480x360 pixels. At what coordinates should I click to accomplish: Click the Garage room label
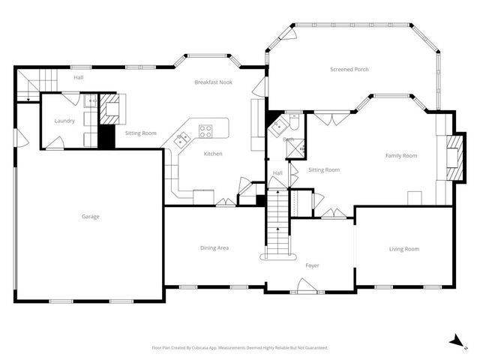click(x=90, y=217)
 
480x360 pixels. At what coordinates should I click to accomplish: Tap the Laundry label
click(x=64, y=121)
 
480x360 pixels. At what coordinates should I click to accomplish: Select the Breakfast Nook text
click(x=213, y=82)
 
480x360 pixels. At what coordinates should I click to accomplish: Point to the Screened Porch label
click(x=349, y=70)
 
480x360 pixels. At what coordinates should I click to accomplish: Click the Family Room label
click(x=401, y=156)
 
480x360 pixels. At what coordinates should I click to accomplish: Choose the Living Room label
click(x=403, y=249)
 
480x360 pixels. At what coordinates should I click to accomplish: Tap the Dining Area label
click(x=214, y=248)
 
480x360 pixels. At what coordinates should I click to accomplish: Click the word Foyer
click(x=312, y=265)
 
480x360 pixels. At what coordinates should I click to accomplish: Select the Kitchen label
click(x=213, y=154)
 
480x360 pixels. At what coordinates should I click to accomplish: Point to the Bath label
click(x=288, y=139)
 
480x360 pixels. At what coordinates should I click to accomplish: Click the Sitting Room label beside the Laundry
click(x=140, y=133)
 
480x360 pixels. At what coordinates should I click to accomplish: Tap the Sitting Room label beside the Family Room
click(x=324, y=170)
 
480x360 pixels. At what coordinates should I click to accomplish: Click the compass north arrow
click(x=455, y=340)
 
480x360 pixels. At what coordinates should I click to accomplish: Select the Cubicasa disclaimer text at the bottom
click(x=239, y=348)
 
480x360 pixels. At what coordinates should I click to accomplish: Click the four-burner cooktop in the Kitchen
click(x=205, y=131)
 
